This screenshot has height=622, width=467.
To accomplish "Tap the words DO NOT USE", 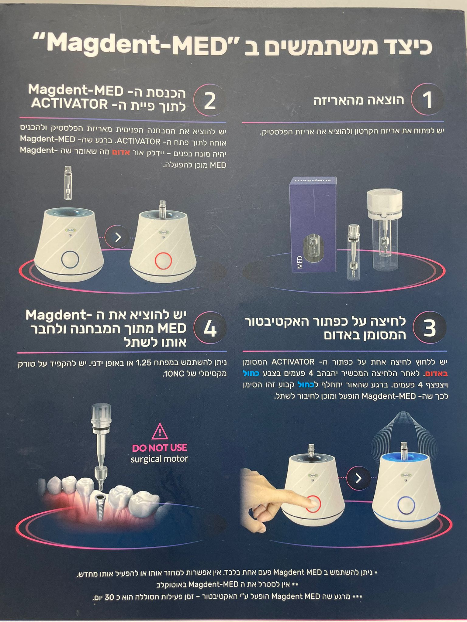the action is pyautogui.click(x=160, y=448).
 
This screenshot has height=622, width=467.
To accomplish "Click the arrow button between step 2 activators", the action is pyautogui.click(x=118, y=237).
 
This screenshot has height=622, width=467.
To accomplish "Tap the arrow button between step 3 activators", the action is pyautogui.click(x=359, y=478).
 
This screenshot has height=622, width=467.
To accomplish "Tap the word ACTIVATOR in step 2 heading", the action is pyautogui.click(x=69, y=104).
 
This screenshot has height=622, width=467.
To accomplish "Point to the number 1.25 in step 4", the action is pyautogui.click(x=144, y=362).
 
